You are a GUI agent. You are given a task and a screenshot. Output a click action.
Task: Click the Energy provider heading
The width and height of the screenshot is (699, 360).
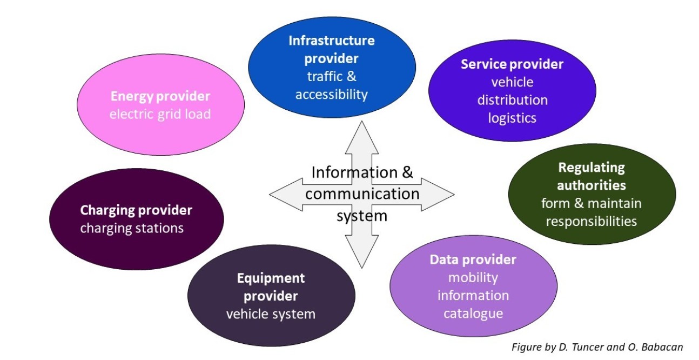point(160,97)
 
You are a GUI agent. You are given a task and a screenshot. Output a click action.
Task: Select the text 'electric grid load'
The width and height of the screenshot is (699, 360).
point(160,115)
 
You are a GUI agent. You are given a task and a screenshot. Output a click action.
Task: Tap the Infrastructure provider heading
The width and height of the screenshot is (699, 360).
point(331,49)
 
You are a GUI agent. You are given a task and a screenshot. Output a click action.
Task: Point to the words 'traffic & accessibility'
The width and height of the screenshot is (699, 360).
point(331,85)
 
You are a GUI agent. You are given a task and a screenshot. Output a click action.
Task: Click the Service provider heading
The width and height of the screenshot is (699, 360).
point(512,65)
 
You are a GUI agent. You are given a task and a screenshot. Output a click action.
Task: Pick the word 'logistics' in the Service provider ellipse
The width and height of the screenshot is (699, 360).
point(512,118)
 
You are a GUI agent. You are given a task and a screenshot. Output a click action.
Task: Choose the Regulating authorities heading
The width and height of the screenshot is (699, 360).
point(591,176)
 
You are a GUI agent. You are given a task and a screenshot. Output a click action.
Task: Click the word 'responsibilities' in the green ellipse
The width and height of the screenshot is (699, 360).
point(591,221)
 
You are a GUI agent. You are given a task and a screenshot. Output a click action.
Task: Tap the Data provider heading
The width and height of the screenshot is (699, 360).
point(473,260)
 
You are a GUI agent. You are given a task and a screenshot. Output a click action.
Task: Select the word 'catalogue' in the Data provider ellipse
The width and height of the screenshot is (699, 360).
point(473,314)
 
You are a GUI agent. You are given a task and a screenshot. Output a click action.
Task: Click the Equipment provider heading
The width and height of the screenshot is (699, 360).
point(271,287)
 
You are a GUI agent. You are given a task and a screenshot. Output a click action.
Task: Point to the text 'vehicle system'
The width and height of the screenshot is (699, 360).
point(271,314)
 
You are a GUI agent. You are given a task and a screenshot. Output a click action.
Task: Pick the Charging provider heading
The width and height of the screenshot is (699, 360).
point(136,210)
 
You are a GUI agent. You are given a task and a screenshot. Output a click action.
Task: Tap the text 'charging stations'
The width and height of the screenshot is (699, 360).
point(132,228)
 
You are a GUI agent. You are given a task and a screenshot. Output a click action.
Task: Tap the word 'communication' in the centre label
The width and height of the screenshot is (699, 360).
point(362,194)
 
